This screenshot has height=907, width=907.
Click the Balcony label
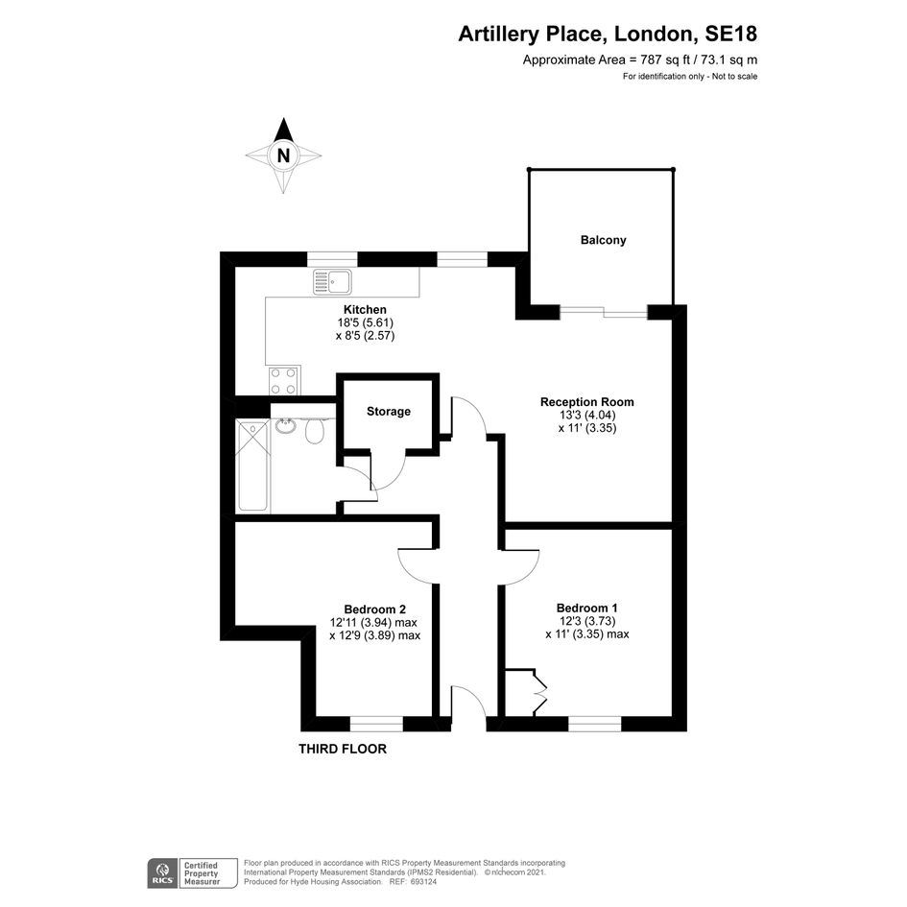(604, 240)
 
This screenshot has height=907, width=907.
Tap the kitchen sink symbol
(332, 282)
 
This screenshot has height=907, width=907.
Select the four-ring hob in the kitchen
(283, 381)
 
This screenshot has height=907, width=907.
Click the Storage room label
(389, 412)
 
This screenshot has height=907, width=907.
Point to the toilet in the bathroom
(315, 429)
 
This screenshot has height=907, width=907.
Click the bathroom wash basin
(285, 426)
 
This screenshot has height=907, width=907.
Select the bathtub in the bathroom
(252, 466)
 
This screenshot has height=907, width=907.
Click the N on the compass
(283, 155)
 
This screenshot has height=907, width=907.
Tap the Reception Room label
(587, 402)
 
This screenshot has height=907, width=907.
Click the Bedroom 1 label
(587, 608)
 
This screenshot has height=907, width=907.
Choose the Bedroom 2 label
(375, 609)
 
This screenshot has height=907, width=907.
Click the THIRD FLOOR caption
(343, 749)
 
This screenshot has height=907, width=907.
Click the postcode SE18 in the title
(730, 35)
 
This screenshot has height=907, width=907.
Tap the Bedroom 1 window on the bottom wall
(595, 725)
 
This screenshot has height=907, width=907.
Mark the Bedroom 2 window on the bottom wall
(376, 725)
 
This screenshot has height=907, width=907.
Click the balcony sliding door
(604, 313)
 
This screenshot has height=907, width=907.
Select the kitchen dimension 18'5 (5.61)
(366, 322)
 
